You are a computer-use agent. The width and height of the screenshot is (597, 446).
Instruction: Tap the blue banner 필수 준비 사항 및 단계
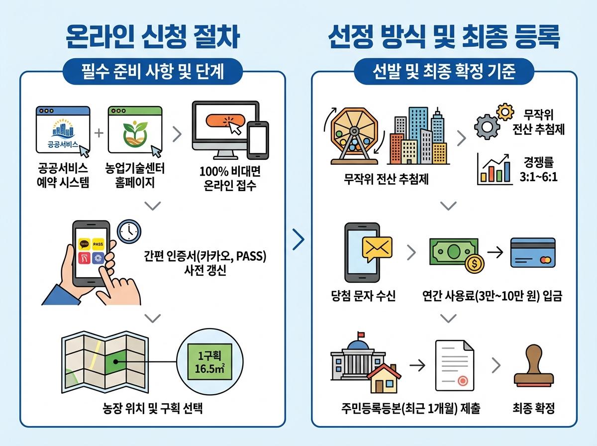point(153,73)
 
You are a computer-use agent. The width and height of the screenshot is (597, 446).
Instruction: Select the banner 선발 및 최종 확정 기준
point(444,73)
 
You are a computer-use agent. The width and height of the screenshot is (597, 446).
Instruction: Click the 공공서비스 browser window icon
point(63,130)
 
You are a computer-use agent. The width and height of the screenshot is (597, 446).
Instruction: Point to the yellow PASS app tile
point(98,244)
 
